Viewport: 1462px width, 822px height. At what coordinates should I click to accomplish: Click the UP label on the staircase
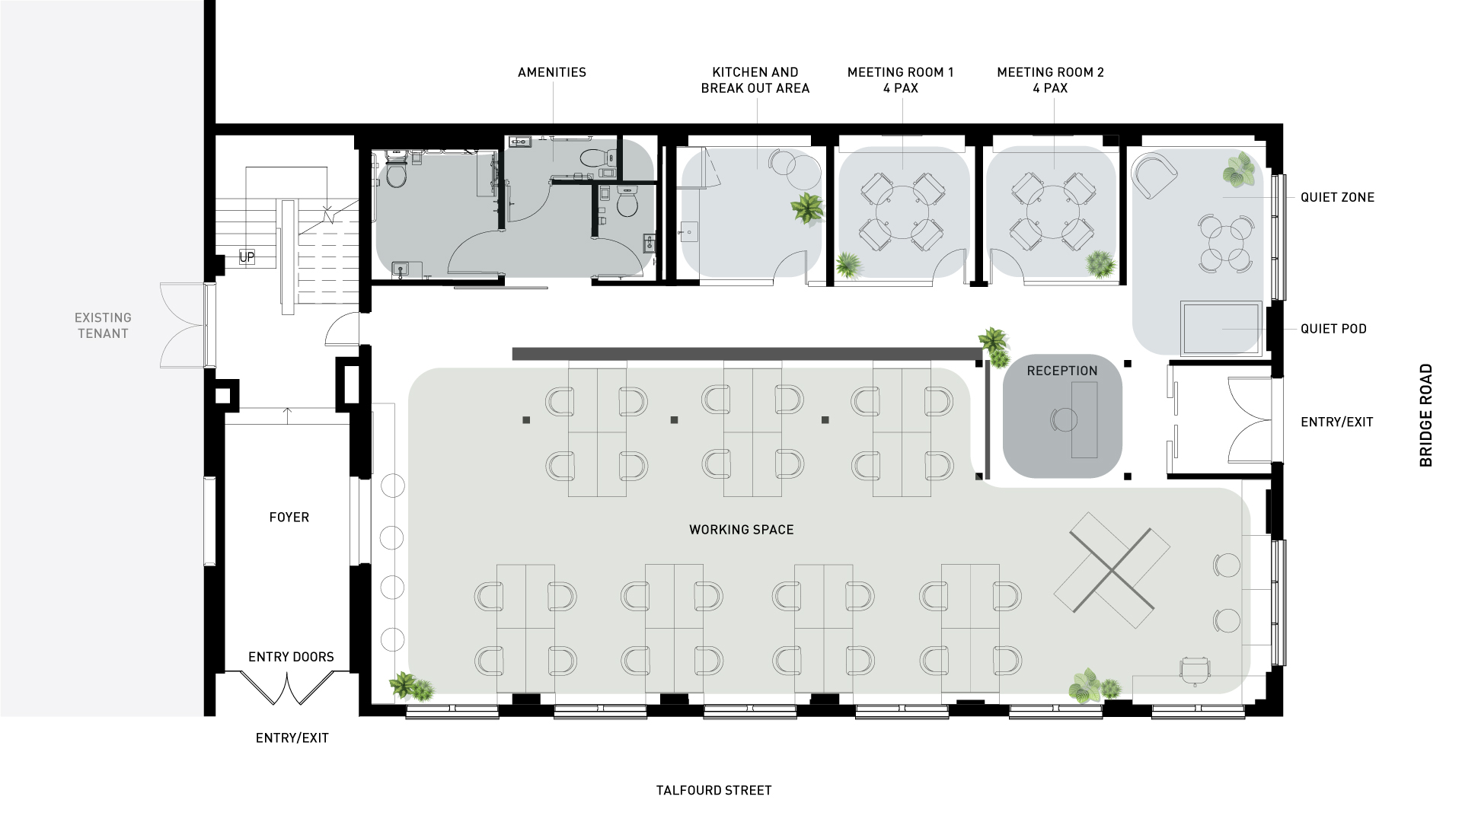click(x=247, y=257)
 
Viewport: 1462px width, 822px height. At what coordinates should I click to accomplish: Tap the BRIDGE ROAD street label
click(x=1426, y=416)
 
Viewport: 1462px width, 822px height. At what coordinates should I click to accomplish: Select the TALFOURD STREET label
click(x=714, y=791)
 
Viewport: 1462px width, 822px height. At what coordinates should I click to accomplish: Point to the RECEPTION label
click(x=1062, y=371)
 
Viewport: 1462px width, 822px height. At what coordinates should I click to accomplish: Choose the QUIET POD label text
click(x=1333, y=329)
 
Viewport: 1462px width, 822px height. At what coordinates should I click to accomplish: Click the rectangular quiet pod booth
click(x=1221, y=328)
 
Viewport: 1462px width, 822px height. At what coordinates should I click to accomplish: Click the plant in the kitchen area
click(x=806, y=207)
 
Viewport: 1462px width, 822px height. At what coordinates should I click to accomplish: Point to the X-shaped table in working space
click(x=1112, y=569)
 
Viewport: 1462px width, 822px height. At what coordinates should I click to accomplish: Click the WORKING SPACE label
click(x=742, y=530)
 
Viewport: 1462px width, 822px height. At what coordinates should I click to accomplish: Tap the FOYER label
click(x=289, y=518)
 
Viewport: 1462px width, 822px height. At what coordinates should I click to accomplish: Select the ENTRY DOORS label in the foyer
click(x=291, y=657)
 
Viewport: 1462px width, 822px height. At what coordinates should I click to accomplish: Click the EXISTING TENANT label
click(x=103, y=325)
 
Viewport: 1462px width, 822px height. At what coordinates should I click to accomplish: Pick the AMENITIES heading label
click(x=552, y=72)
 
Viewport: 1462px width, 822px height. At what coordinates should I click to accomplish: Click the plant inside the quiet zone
click(x=1240, y=170)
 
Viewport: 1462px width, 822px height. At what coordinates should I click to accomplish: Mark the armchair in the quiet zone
click(x=1154, y=175)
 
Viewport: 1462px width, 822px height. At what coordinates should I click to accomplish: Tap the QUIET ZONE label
click(x=1337, y=197)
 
